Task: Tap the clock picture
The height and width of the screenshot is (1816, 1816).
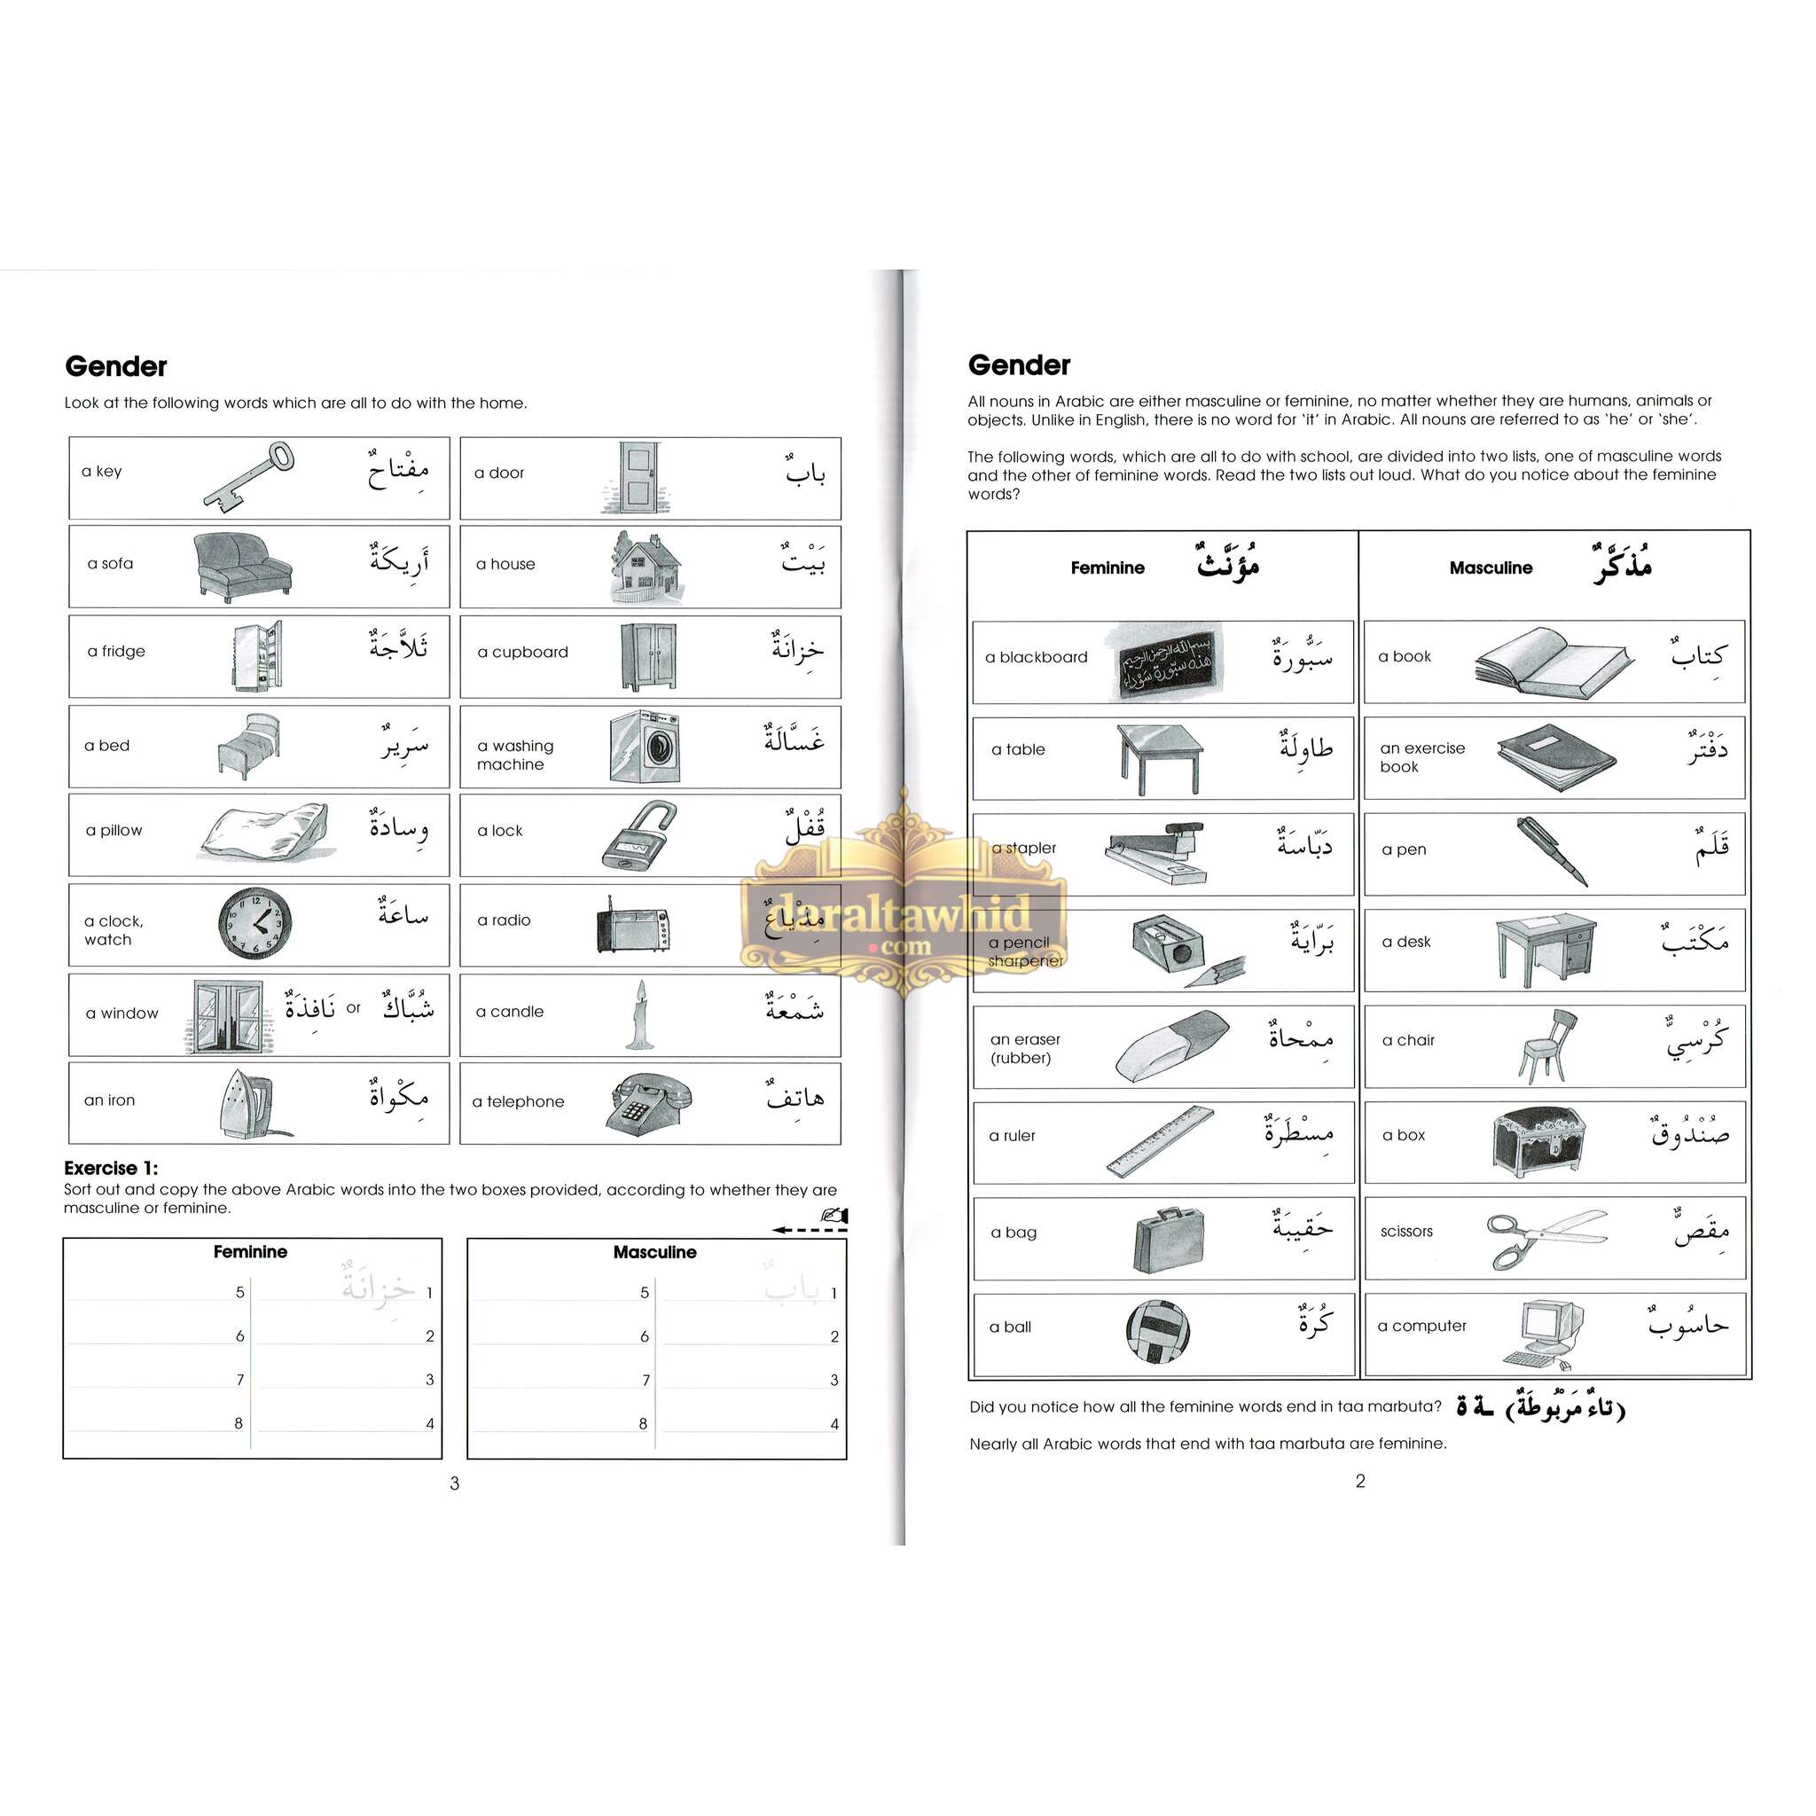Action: [254, 923]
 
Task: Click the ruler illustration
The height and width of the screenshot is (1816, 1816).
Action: [1160, 1141]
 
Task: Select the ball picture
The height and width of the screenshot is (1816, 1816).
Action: [1157, 1331]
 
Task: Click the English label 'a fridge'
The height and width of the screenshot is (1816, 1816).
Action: [116, 652]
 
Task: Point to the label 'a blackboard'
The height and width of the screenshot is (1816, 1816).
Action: [1036, 657]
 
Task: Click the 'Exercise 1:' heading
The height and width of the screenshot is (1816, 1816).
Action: [111, 1169]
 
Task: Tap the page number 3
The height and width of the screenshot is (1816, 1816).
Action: [455, 1483]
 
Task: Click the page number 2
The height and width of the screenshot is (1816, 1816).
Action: [1359, 1482]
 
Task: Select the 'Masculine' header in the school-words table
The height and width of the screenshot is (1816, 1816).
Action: [1491, 567]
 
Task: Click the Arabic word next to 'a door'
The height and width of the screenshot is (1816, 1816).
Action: [805, 471]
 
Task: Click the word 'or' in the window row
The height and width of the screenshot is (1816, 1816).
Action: [354, 1008]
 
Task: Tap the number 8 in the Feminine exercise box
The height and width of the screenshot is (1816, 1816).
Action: [239, 1423]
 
